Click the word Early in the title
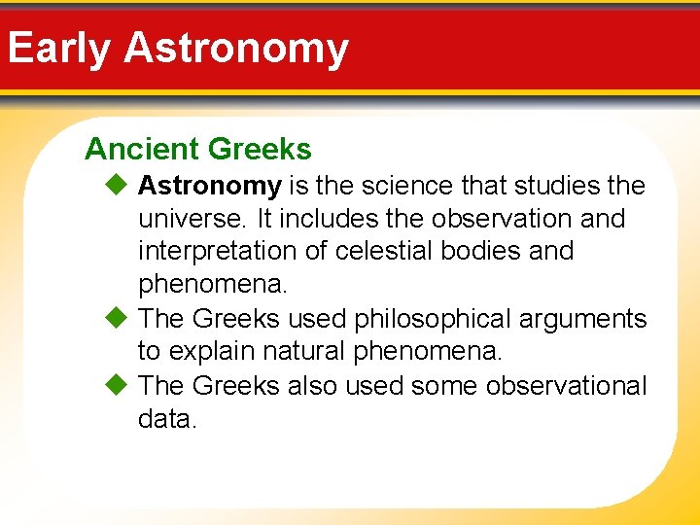pyautogui.click(x=58, y=48)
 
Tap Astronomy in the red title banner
pyautogui.click(x=236, y=48)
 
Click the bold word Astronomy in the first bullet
pyautogui.click(x=210, y=185)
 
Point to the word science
pyautogui.click(x=402, y=185)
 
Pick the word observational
pyautogui.click(x=566, y=385)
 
